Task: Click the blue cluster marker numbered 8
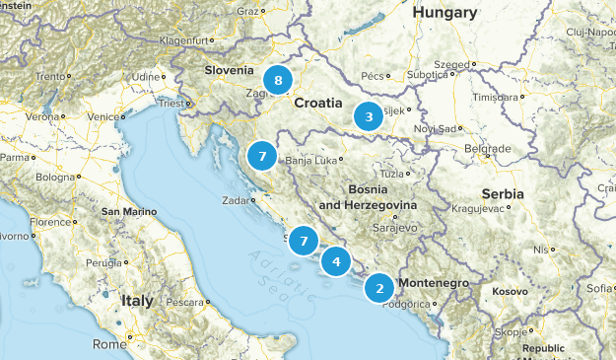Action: [279, 79]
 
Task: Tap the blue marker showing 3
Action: [369, 116]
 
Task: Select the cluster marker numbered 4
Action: [337, 261]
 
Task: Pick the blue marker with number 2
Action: [379, 288]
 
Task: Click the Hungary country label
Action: [445, 13]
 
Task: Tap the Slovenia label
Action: [229, 70]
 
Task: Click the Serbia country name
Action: [504, 194]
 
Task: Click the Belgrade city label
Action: [487, 148]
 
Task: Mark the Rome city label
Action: [107, 344]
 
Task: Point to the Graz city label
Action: [245, 12]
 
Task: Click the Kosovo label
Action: [511, 292]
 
